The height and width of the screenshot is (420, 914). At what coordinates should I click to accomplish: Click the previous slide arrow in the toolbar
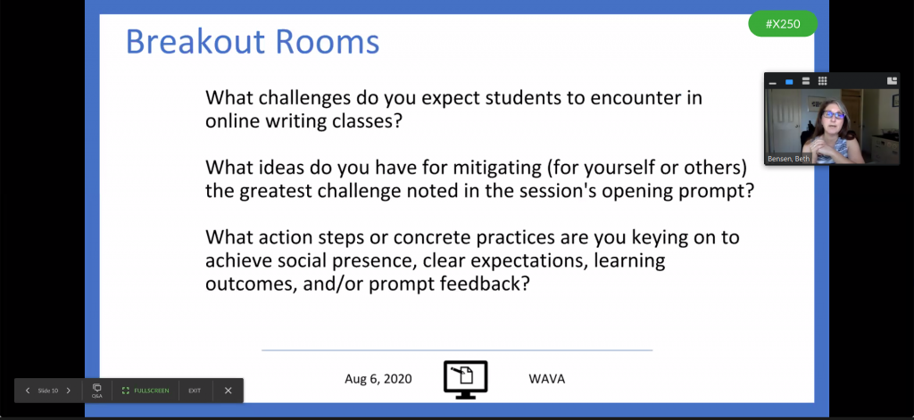click(x=28, y=391)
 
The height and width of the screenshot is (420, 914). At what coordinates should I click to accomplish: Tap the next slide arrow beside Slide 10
click(x=68, y=391)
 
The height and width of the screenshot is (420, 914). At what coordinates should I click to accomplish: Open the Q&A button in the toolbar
click(x=96, y=391)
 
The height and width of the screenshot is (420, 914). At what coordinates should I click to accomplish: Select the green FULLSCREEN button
click(x=145, y=391)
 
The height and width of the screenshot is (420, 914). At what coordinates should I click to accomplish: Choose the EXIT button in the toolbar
click(x=195, y=391)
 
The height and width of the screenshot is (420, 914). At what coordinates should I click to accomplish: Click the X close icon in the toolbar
click(x=228, y=391)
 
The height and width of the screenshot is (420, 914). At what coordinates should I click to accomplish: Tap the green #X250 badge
click(x=783, y=24)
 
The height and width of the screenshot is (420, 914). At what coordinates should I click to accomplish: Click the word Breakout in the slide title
click(x=195, y=41)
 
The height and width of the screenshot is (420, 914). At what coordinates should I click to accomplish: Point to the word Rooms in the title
click(x=327, y=41)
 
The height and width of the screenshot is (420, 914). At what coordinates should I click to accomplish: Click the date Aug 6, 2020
click(x=378, y=379)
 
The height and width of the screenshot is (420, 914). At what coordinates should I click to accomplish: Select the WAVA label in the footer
click(x=547, y=379)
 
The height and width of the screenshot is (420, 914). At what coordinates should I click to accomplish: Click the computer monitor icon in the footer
click(x=466, y=380)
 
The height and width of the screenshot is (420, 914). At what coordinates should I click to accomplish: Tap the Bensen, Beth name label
click(x=789, y=159)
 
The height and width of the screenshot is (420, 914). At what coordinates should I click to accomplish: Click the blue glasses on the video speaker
click(x=834, y=115)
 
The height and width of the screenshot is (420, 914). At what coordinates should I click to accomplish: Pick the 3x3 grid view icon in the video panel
click(x=822, y=81)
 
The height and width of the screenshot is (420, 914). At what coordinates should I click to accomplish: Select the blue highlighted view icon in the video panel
click(x=789, y=81)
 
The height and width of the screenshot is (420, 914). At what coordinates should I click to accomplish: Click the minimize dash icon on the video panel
click(x=773, y=83)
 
